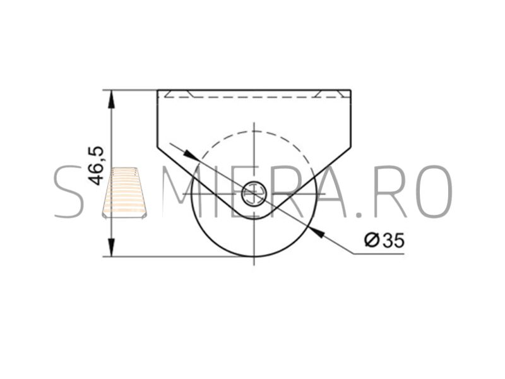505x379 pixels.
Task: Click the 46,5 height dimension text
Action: tap(96, 165)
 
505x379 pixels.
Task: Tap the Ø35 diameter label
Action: tap(384, 240)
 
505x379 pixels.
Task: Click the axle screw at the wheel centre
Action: tap(254, 194)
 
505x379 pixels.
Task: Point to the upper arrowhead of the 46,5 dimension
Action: tap(111, 99)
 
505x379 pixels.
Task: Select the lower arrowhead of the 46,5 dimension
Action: tap(111, 248)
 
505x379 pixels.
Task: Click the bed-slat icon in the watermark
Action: tap(124, 193)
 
